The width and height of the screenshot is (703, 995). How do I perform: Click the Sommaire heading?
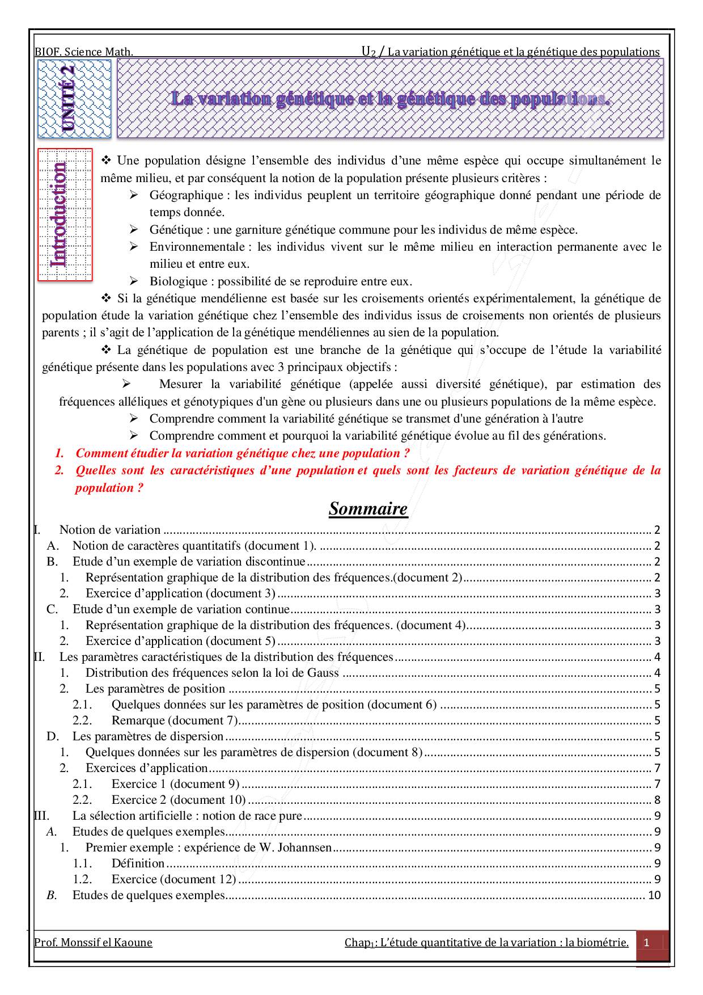(x=368, y=509)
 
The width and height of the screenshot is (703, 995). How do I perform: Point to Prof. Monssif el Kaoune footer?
(x=93, y=943)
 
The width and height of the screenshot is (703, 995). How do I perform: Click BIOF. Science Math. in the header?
(x=83, y=52)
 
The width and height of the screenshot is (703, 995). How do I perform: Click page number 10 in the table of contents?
(x=654, y=895)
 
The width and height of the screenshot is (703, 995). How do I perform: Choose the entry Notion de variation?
(x=109, y=530)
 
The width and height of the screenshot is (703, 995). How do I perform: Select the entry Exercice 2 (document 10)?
(x=178, y=800)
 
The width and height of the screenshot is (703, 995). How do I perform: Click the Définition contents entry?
(x=138, y=863)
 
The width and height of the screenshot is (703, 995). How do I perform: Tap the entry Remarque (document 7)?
(x=174, y=720)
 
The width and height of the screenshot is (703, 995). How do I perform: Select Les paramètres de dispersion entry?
(x=147, y=736)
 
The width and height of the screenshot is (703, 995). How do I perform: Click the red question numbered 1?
(x=242, y=453)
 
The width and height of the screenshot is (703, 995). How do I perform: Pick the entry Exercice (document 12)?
(x=173, y=879)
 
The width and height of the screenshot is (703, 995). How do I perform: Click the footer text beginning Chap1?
(x=486, y=943)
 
